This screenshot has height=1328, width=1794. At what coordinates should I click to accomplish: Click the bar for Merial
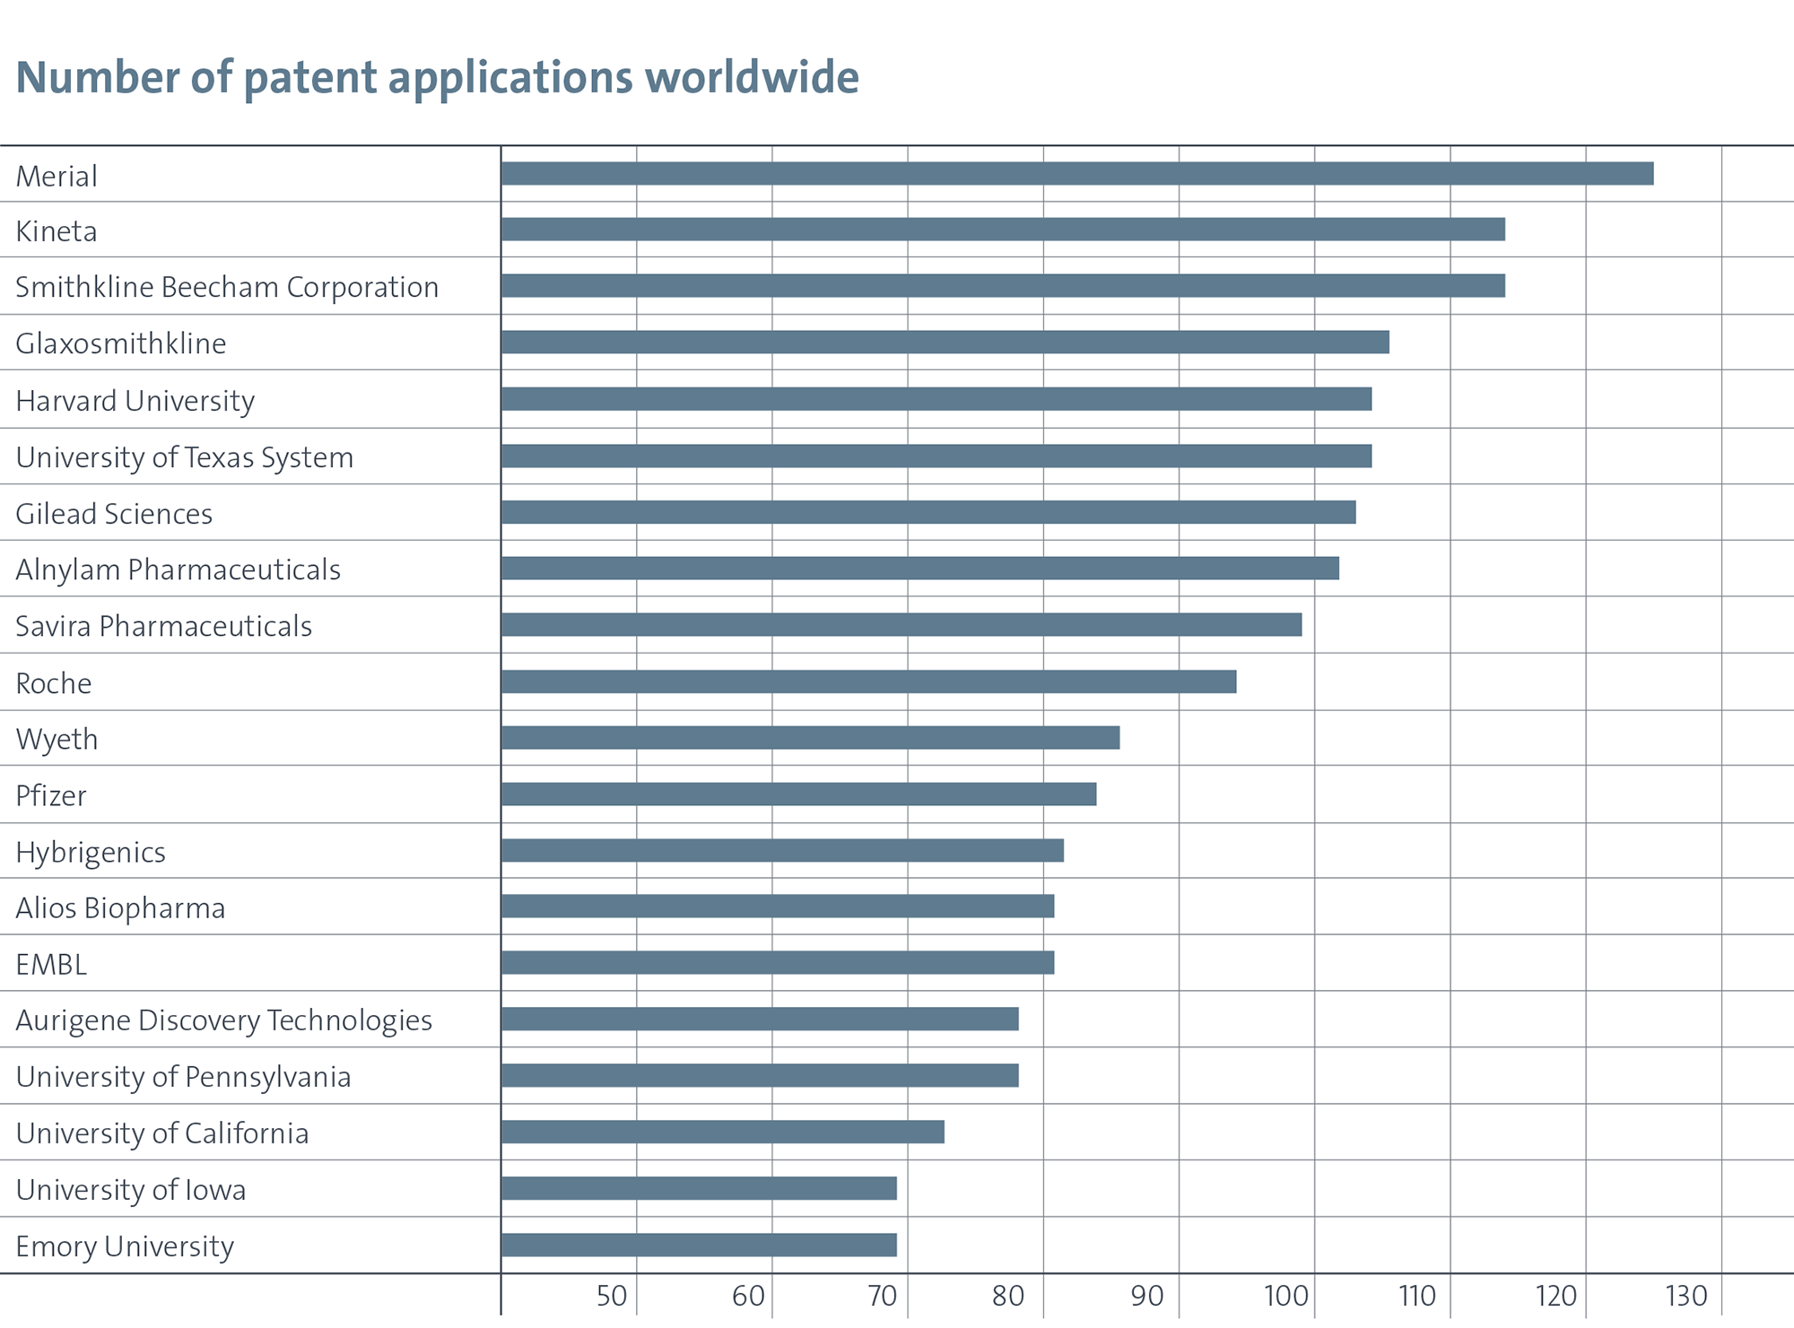click(x=1076, y=173)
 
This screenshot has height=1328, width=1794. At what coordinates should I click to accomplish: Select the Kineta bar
click(x=1003, y=229)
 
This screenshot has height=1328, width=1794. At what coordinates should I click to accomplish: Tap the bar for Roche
click(x=868, y=681)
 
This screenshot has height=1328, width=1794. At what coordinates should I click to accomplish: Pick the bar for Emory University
click(x=699, y=1245)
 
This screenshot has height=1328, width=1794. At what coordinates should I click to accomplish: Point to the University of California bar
click(x=723, y=1132)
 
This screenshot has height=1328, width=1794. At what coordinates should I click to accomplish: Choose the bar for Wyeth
click(x=810, y=737)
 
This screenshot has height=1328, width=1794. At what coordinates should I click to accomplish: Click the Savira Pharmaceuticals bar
click(x=901, y=624)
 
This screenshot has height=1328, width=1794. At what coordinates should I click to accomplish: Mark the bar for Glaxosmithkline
click(x=945, y=342)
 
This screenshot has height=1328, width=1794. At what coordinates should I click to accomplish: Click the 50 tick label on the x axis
click(x=612, y=1296)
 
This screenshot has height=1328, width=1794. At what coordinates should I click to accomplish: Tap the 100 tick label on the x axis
click(x=1286, y=1296)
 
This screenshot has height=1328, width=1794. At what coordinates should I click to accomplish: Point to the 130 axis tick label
click(x=1686, y=1296)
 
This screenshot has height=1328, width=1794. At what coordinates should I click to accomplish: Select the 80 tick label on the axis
click(x=1008, y=1296)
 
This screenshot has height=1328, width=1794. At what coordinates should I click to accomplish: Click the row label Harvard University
click(x=135, y=400)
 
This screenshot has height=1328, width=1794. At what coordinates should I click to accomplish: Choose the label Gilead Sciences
click(x=114, y=514)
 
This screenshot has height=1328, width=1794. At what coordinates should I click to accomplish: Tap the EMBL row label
click(x=51, y=964)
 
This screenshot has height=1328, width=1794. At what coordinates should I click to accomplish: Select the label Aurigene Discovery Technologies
click(x=223, y=1020)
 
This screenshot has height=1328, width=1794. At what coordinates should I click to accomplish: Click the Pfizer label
click(x=51, y=795)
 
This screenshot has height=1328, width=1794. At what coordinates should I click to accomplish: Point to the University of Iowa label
click(x=131, y=1189)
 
